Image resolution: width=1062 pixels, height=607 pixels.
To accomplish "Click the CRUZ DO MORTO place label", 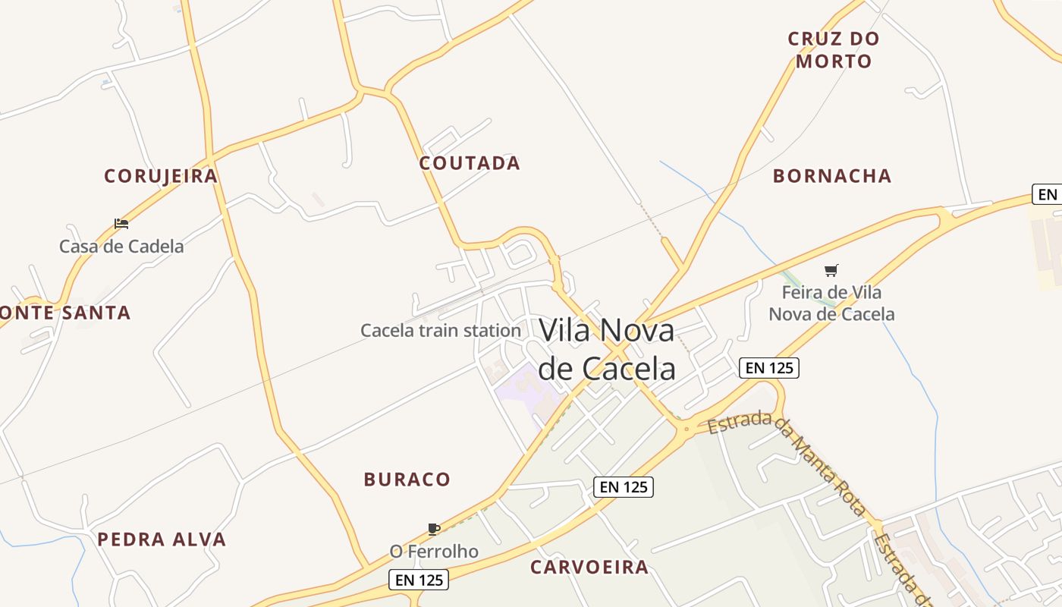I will tap(833, 50).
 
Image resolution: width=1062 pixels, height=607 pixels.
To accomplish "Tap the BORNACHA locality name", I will tap(832, 176).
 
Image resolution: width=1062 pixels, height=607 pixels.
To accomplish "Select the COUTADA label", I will tap(470, 163).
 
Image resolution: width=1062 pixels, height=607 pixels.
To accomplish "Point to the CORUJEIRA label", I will tap(161, 176).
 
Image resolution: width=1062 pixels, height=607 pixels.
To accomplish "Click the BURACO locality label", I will tap(407, 480).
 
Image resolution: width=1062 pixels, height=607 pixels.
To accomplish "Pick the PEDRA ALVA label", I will tap(162, 539).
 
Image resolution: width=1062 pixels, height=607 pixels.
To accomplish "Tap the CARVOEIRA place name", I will tap(589, 567).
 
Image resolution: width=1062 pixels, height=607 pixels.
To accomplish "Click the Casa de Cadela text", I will tap(121, 247).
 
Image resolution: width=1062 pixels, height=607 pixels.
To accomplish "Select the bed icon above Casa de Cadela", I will tap(121, 224).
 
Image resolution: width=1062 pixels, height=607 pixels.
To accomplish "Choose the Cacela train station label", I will tap(441, 331).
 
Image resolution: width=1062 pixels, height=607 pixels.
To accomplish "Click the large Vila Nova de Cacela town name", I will tap(607, 349).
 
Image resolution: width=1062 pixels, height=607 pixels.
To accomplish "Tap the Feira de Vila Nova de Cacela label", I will tap(831, 303).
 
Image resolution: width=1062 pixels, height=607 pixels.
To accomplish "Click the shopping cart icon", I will tap(831, 271).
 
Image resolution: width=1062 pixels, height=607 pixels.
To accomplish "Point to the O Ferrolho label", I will tap(434, 552).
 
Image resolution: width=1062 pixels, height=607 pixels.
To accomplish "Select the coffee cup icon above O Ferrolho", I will tap(434, 529).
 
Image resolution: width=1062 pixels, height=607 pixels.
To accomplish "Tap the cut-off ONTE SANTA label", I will tap(65, 313).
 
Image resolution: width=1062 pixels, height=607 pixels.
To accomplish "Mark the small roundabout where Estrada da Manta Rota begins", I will tap(687, 429).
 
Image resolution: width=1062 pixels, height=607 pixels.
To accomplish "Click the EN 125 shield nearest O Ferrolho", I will tap(419, 580).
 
